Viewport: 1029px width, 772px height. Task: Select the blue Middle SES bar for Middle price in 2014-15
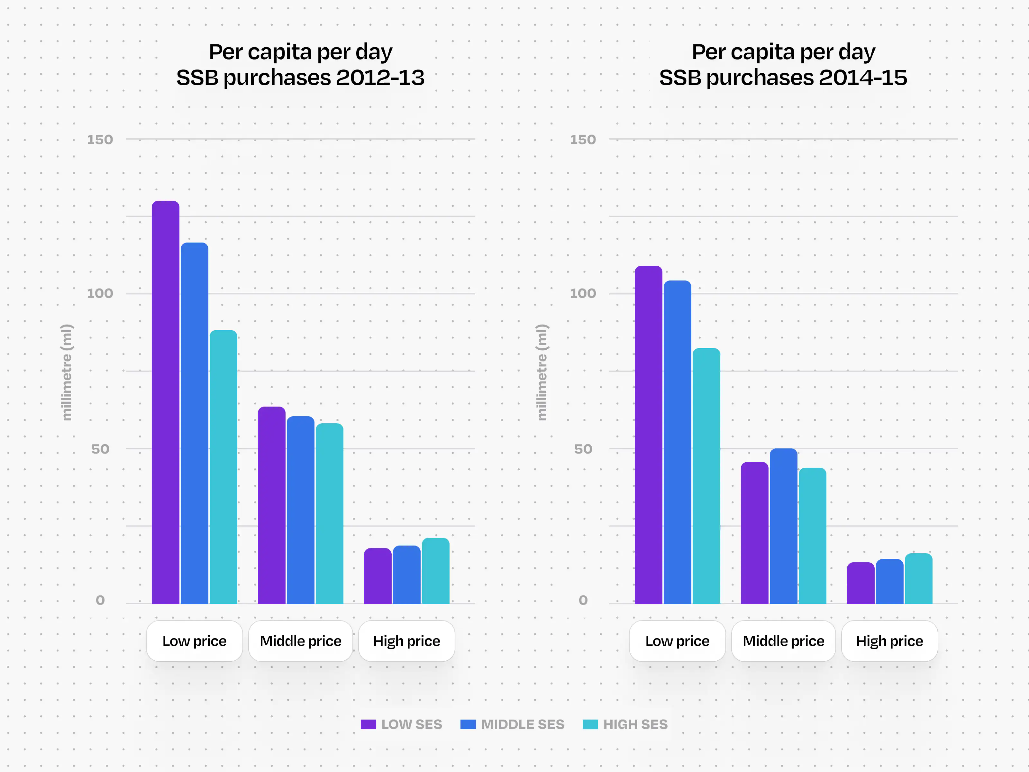(783, 526)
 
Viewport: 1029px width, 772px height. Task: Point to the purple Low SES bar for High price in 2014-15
(861, 583)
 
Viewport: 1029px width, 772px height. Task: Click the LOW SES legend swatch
(369, 724)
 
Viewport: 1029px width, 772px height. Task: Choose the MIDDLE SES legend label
(523, 724)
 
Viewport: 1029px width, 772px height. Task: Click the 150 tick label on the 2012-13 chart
(100, 140)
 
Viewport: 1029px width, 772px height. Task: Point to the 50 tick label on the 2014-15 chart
(583, 449)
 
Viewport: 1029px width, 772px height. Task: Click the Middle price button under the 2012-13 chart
(301, 641)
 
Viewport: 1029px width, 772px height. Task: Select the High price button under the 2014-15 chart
(889, 641)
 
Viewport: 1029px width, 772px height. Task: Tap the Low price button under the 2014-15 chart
(677, 641)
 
